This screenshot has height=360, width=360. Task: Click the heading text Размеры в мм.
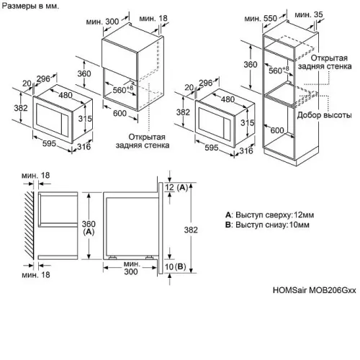click(30, 6)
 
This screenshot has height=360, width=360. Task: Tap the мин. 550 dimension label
click(261, 18)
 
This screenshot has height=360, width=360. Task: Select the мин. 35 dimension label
click(309, 14)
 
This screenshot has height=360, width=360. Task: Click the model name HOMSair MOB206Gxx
click(315, 290)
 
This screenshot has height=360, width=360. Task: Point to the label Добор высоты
click(325, 115)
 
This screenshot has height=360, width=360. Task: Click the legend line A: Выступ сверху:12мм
click(269, 215)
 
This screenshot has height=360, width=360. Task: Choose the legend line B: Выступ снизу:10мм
click(267, 225)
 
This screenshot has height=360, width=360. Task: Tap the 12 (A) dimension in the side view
click(176, 187)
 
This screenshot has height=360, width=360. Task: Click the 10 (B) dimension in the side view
click(176, 266)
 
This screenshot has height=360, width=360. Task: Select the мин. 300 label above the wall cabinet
click(102, 22)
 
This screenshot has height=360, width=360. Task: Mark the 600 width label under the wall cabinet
click(120, 113)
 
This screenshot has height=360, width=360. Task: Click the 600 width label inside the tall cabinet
click(277, 130)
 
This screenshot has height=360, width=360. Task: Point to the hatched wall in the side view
click(29, 225)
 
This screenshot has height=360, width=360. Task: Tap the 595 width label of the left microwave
click(49, 143)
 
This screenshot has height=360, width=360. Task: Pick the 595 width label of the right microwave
click(212, 148)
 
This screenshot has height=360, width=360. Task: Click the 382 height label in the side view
click(191, 230)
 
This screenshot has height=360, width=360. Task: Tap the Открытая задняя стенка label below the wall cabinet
click(143, 141)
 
